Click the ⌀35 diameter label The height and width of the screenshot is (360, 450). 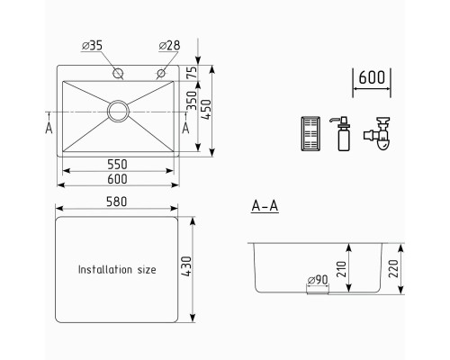point(92,46)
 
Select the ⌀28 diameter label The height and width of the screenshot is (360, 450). point(169,46)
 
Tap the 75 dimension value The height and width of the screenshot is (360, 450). point(192,72)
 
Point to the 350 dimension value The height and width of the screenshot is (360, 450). point(192,101)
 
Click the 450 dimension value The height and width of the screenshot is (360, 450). point(206,110)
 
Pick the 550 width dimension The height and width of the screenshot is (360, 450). point(117,164)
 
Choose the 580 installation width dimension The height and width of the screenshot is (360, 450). point(117,202)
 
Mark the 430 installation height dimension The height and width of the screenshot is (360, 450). point(186,266)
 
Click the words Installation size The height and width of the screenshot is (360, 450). point(117,269)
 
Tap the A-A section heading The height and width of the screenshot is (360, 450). point(265,206)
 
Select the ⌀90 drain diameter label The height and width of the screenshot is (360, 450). point(318,280)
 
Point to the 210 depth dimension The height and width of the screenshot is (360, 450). point(341,269)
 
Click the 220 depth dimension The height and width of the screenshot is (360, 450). point(393,268)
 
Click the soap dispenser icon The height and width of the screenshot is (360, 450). point(343,134)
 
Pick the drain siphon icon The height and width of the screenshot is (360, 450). point(377,133)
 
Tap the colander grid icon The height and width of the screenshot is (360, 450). point(310,134)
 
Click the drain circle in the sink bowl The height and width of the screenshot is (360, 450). point(118,112)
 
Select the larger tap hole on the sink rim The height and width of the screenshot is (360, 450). point(118,73)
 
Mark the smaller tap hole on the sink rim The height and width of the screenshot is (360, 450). point(161,73)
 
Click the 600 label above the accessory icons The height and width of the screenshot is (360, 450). point(372,77)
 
